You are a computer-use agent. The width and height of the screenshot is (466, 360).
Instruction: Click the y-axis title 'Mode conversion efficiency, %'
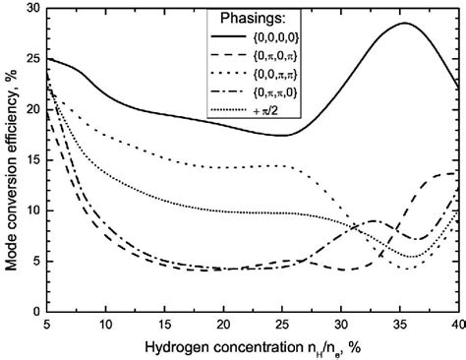[x=11, y=157]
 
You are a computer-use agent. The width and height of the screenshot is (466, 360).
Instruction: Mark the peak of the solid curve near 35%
[x=404, y=24]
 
